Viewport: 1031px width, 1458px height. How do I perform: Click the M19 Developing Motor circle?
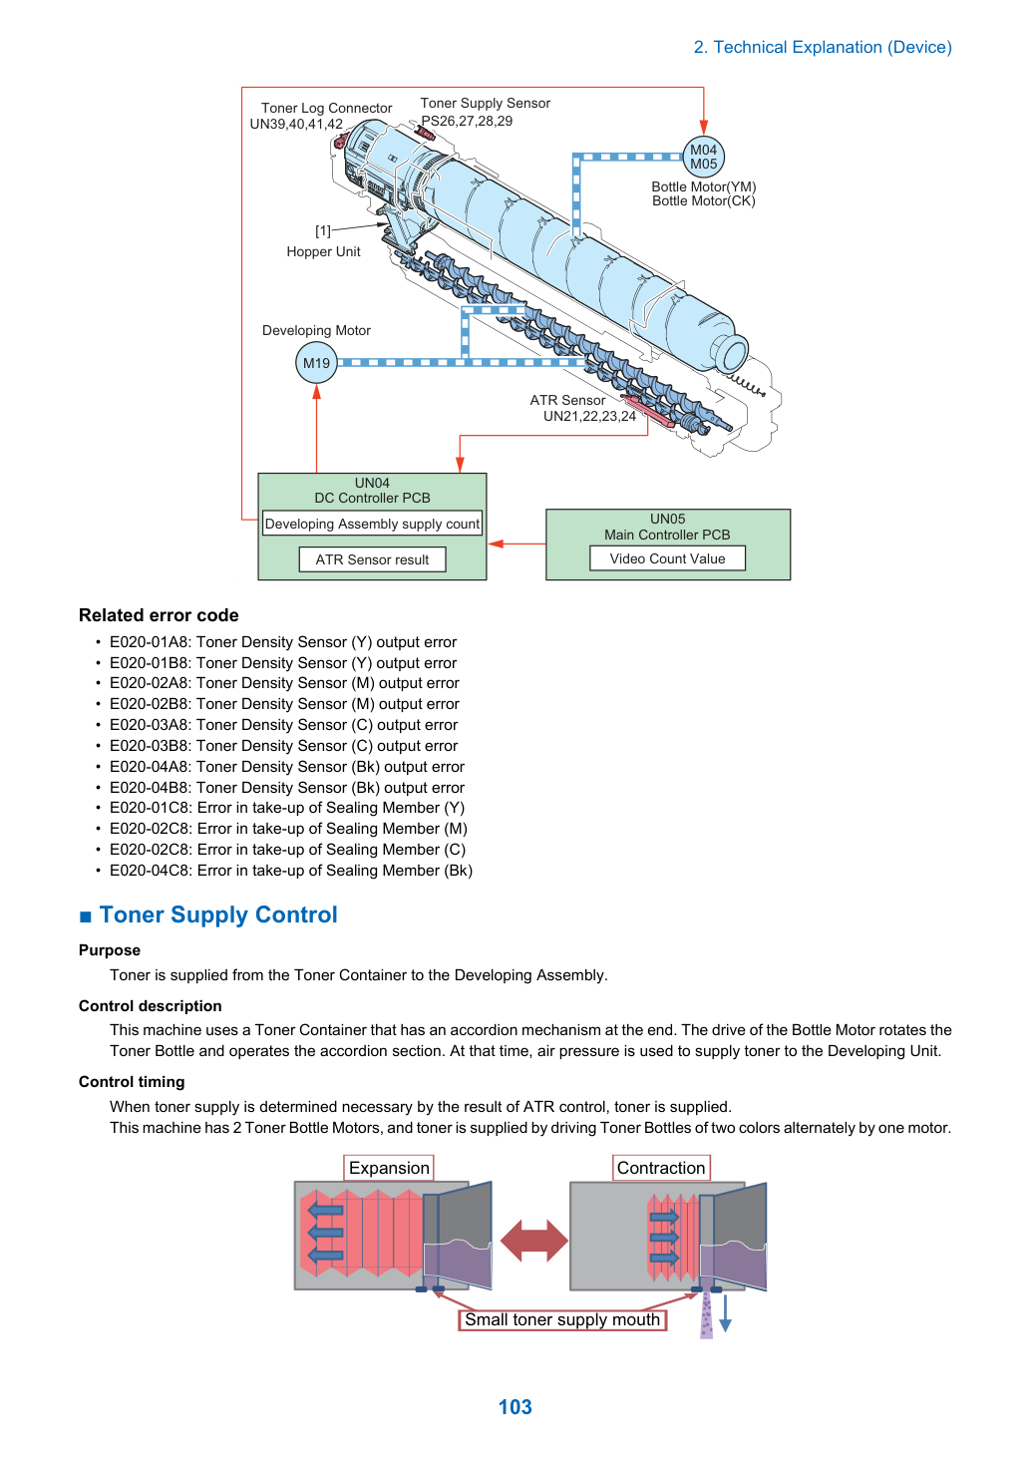coord(316,363)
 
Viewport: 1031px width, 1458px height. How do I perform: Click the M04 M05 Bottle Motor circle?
coord(703,157)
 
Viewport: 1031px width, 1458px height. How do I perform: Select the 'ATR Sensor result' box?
coord(372,559)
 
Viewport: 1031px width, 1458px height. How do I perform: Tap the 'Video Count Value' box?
coord(667,558)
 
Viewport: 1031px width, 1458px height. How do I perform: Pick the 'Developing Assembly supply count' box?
coord(372,524)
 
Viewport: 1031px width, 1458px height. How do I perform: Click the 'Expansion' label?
coord(389,1168)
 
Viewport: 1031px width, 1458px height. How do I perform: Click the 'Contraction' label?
coord(661,1168)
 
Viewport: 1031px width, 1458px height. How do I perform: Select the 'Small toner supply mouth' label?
coord(562,1319)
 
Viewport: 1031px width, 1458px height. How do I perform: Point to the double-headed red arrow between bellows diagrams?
coord(533,1241)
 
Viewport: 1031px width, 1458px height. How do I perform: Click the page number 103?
coord(515,1406)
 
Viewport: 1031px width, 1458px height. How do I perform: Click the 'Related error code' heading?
coord(159,615)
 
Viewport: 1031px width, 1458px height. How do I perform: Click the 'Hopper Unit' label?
coord(323,252)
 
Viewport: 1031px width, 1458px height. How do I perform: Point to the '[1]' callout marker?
coord(323,231)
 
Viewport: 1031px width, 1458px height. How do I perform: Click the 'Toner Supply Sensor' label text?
coord(485,103)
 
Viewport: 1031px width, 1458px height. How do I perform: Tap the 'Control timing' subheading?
coord(132,1082)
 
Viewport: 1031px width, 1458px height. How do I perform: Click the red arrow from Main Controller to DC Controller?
coord(516,544)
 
